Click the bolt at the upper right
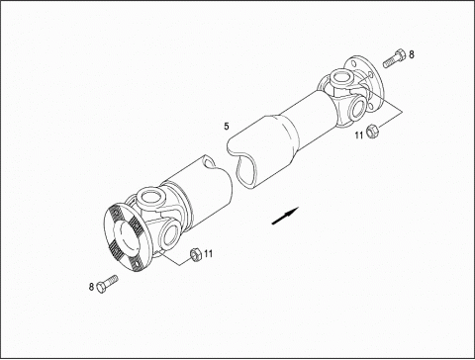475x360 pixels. pyautogui.click(x=394, y=58)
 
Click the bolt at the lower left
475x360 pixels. pyautogui.click(x=107, y=283)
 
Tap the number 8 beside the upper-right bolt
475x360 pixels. pyautogui.click(x=412, y=54)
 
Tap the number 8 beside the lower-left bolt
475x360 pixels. pyautogui.click(x=91, y=287)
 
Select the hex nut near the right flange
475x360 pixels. pyautogui.click(x=372, y=131)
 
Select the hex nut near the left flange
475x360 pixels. pyautogui.click(x=196, y=254)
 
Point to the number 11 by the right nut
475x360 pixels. pyautogui.click(x=359, y=135)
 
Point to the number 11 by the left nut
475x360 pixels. pyautogui.click(x=208, y=253)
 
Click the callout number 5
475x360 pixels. pyautogui.click(x=227, y=127)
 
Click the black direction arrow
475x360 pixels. pyautogui.click(x=285, y=216)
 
